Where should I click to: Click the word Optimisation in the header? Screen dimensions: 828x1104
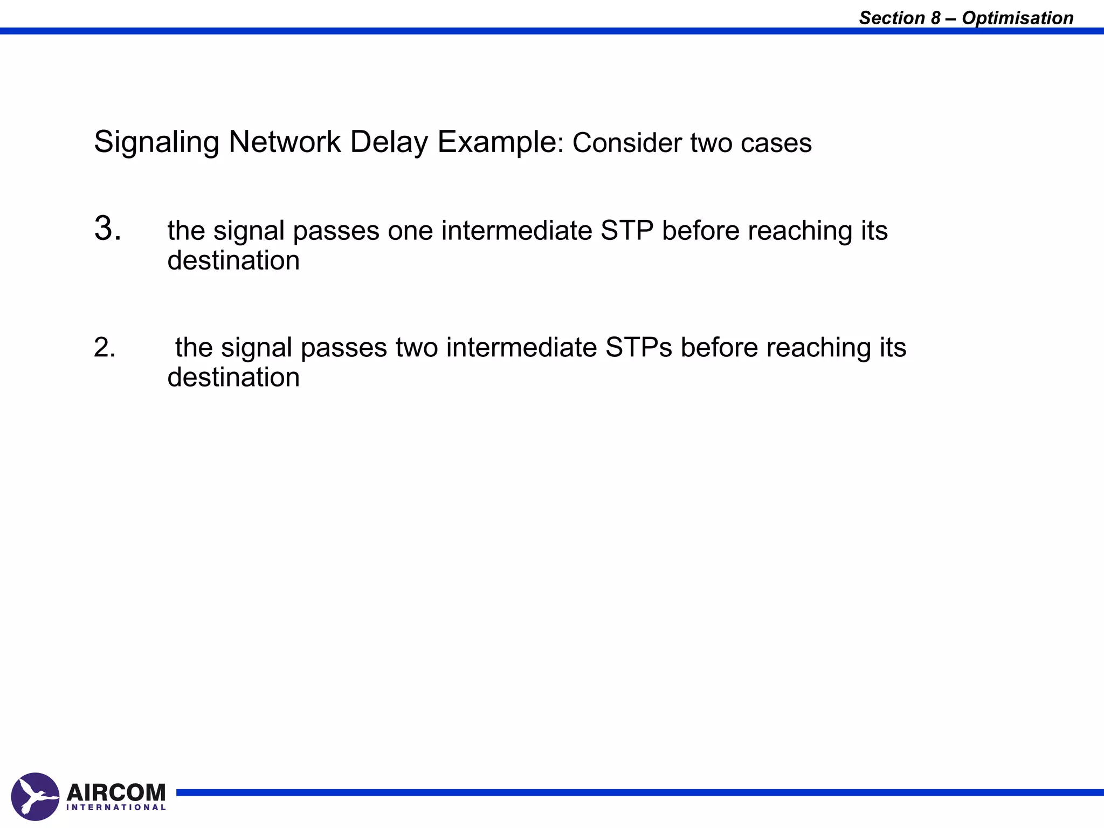pyautogui.click(x=1017, y=18)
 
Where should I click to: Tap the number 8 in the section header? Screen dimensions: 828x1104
pyautogui.click(x=935, y=18)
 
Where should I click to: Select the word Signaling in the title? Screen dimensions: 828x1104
pyautogui.click(x=156, y=142)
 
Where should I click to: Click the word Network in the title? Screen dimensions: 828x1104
pyautogui.click(x=285, y=142)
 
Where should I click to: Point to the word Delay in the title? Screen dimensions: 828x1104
pyautogui.click(x=388, y=142)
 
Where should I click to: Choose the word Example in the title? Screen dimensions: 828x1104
pyautogui.click(x=496, y=142)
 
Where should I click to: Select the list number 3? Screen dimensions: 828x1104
pyautogui.click(x=107, y=228)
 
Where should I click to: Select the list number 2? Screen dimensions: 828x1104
pyautogui.click(x=105, y=347)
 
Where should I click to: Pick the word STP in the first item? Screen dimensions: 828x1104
pyautogui.click(x=627, y=231)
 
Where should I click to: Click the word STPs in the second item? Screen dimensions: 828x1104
pyautogui.click(x=639, y=347)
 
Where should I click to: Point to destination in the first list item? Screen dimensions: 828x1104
pyautogui.click(x=233, y=261)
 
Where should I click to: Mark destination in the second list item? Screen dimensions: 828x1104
pyautogui.click(x=233, y=377)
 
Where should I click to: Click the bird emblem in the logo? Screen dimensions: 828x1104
pyautogui.click(x=35, y=796)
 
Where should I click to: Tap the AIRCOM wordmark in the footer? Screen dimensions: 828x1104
pyautogui.click(x=116, y=792)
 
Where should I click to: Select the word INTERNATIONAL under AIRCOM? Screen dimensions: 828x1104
pyautogui.click(x=116, y=807)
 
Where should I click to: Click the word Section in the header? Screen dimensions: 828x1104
pyautogui.click(x=892, y=18)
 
